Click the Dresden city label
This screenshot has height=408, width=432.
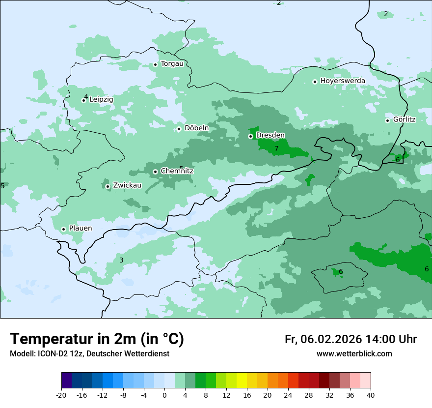tap(270, 135)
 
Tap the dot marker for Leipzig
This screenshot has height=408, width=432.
tap(83, 100)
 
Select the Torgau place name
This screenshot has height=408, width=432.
tap(172, 64)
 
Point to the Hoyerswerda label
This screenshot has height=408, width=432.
tap(343, 81)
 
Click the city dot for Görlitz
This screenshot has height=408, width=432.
tap(387, 120)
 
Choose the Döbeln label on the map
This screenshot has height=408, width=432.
tap(196, 128)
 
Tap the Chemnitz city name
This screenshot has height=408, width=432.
tap(177, 171)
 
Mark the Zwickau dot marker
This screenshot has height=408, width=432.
tap(108, 186)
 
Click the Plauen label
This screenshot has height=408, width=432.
tap(80, 229)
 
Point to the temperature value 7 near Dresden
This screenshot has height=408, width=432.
tap(276, 148)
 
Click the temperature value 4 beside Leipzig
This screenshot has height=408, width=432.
tap(86, 97)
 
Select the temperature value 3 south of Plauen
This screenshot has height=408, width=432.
tap(121, 260)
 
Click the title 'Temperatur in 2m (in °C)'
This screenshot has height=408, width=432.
tap(97, 339)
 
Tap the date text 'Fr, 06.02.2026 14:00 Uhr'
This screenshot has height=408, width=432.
tap(351, 339)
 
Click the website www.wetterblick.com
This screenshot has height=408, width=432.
tap(354, 354)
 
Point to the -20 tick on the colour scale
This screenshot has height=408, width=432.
tap(61, 395)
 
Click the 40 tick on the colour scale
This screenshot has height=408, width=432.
tap(370, 395)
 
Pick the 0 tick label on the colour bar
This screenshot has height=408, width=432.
tap(164, 395)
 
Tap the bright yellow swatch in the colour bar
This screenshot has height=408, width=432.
tap(242, 380)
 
